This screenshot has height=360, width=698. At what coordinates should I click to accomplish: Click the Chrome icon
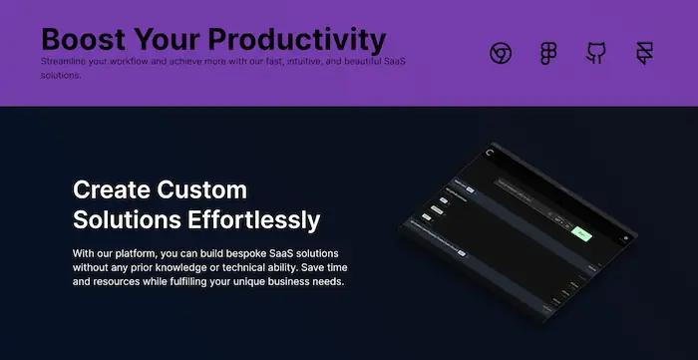tap(501, 53)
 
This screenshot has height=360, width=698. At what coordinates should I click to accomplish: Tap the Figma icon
tap(548, 53)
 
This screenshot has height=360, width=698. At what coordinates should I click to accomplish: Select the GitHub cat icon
tap(596, 53)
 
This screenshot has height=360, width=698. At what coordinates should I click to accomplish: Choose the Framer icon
tap(644, 53)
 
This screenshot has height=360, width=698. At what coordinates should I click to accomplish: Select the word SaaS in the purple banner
tap(393, 62)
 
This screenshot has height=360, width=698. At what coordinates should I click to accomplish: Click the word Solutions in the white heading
tap(123, 219)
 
